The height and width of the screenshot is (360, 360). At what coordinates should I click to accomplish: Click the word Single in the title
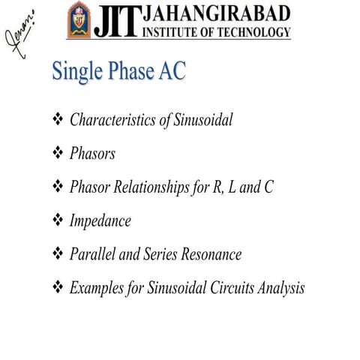tap(76, 73)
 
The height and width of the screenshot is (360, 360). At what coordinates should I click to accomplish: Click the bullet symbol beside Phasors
tap(58, 154)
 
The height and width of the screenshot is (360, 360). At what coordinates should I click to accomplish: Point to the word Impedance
tap(100, 221)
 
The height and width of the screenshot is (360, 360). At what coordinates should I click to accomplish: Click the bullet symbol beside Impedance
tap(58, 221)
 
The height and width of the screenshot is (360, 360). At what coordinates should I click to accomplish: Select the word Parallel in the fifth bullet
tap(93, 254)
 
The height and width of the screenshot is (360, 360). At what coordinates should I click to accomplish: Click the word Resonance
tap(209, 254)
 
